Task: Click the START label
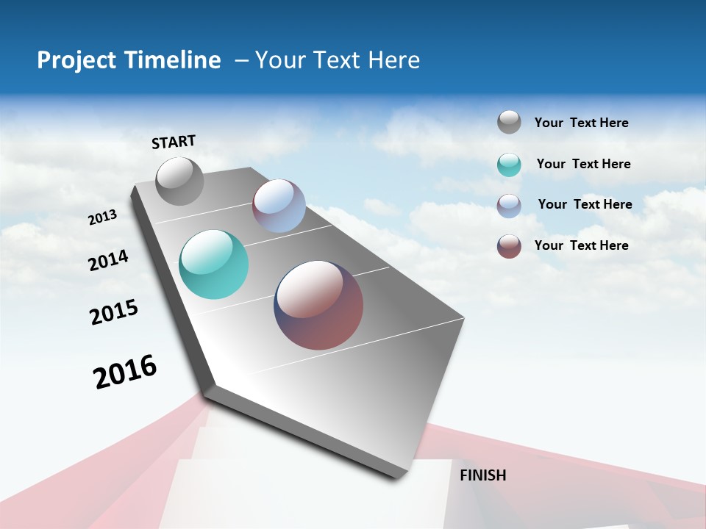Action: click(x=174, y=142)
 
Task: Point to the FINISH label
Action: click(x=482, y=475)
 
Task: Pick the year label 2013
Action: click(x=103, y=217)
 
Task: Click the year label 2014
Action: click(x=108, y=260)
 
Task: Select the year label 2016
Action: click(x=125, y=372)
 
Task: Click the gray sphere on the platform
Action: click(x=180, y=181)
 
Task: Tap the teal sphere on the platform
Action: click(x=213, y=264)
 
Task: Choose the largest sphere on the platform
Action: click(x=318, y=305)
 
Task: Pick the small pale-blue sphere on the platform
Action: click(x=279, y=206)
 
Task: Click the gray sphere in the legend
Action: click(x=509, y=122)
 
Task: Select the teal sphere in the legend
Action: click(x=509, y=165)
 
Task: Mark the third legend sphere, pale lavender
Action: click(x=509, y=206)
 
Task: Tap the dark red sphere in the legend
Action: click(x=509, y=246)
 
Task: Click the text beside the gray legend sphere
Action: click(x=581, y=123)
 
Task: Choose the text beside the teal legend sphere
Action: click(x=583, y=164)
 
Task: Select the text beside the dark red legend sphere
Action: click(x=581, y=245)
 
